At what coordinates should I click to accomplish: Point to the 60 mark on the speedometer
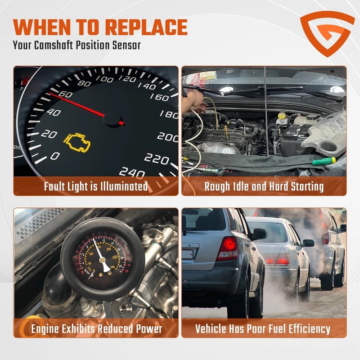tap(65, 94)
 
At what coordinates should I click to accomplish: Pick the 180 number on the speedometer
tap(169, 114)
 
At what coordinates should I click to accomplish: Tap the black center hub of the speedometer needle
tap(112, 120)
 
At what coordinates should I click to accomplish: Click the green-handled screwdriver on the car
tap(324, 161)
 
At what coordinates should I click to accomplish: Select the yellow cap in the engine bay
tap(281, 116)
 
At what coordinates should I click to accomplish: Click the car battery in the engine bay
tap(295, 134)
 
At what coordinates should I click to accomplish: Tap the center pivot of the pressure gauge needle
tap(102, 260)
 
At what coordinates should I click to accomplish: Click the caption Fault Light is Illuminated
tap(96, 186)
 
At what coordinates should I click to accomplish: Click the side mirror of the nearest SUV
tap(259, 234)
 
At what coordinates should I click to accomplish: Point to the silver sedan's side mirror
tap(308, 243)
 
